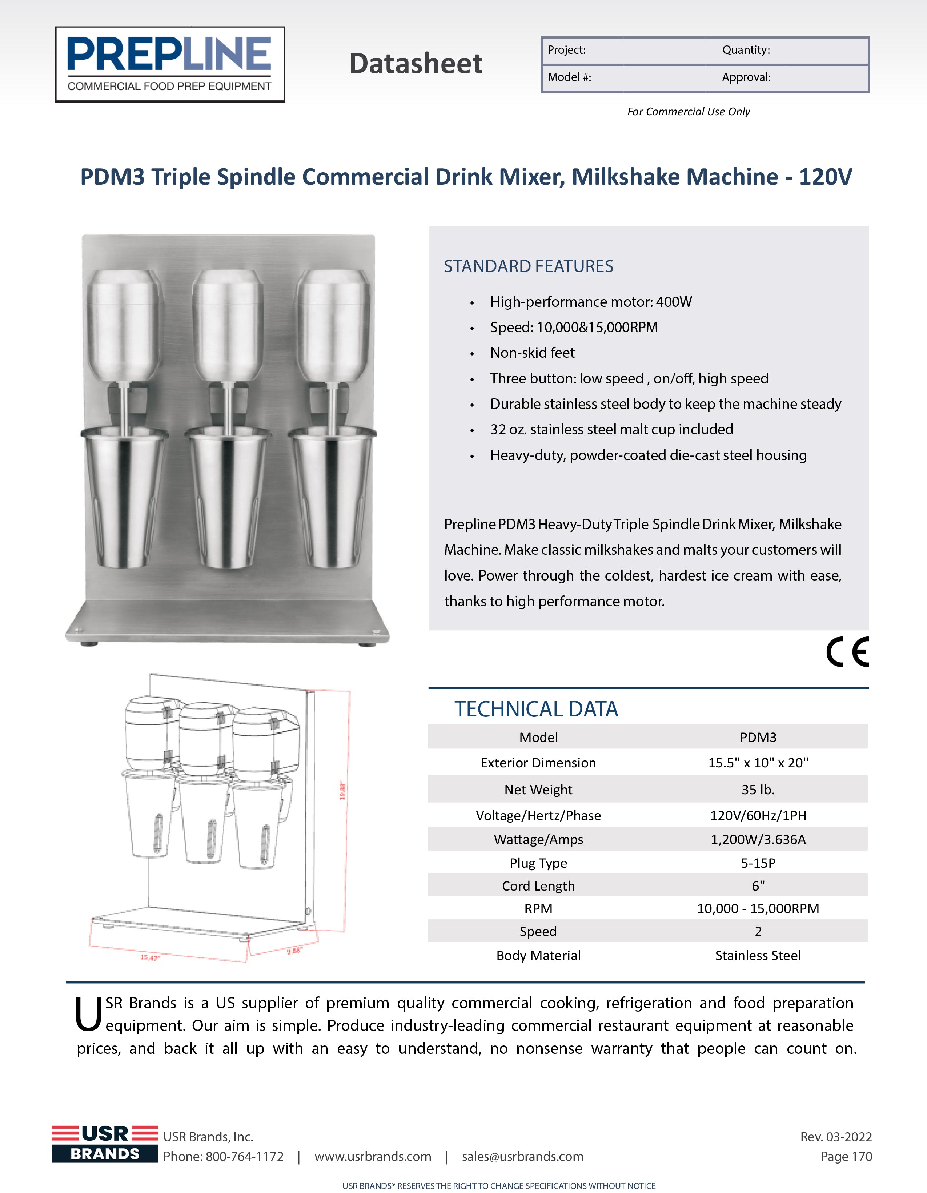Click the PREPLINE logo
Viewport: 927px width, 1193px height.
click(x=170, y=64)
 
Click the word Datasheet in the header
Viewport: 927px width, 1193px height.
click(x=416, y=63)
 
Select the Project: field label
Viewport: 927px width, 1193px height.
click(x=566, y=50)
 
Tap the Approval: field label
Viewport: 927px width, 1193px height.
click(x=746, y=77)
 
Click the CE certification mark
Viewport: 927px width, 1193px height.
click(x=847, y=652)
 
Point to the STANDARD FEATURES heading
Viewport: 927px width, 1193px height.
click(x=528, y=266)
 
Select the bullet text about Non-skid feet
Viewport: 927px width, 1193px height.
click(x=532, y=353)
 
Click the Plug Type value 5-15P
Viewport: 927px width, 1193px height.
click(x=758, y=863)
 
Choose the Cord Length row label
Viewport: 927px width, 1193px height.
click(x=538, y=886)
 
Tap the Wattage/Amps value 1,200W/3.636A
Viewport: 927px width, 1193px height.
click(x=758, y=840)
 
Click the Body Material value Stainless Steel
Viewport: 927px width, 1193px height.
click(x=758, y=955)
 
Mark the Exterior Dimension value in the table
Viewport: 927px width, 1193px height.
click(x=758, y=763)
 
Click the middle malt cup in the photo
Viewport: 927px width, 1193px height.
click(x=228, y=497)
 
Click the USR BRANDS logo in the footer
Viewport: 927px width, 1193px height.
click(x=105, y=1143)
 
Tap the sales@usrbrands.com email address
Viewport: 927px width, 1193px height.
click(x=522, y=1156)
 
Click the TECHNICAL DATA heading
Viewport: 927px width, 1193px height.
click(x=536, y=709)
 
